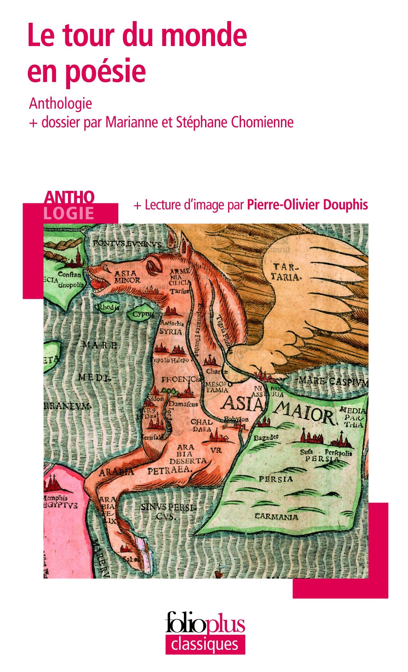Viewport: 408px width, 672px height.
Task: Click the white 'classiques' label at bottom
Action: pyautogui.click(x=205, y=644)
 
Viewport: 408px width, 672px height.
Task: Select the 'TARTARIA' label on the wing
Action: pyautogui.click(x=286, y=271)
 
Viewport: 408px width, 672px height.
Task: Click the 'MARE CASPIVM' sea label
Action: pyautogui.click(x=333, y=381)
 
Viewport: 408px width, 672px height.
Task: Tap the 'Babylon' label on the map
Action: pyautogui.click(x=236, y=419)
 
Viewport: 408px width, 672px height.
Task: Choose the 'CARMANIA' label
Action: pyautogui.click(x=276, y=517)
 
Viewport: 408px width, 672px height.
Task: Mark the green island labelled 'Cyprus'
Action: pyautogui.click(x=141, y=314)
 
